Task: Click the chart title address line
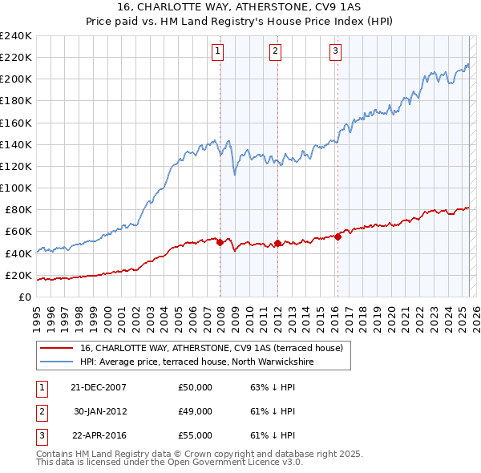(x=241, y=7)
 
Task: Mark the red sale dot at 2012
(x=277, y=243)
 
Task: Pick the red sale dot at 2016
(x=338, y=236)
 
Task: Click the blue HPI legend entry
(x=197, y=362)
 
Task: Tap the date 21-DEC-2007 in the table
(x=99, y=387)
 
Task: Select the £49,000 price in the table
(x=195, y=411)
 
